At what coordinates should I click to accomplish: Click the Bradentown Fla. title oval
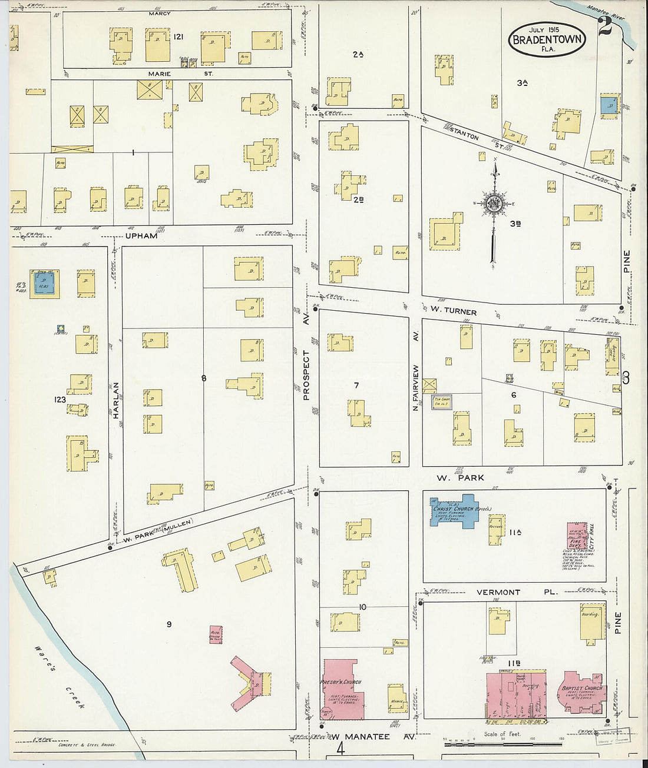click(x=547, y=39)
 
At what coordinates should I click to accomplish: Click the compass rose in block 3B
click(x=494, y=204)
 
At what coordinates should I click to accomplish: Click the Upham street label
click(x=141, y=235)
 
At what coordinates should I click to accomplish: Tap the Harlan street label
click(x=115, y=400)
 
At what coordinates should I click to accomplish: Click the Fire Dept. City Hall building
click(x=577, y=541)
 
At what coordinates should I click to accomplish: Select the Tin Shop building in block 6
click(x=442, y=401)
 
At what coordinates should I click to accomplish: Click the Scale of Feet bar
click(x=502, y=744)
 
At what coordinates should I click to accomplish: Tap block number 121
click(x=178, y=36)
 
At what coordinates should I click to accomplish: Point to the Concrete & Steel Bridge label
click(x=87, y=744)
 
